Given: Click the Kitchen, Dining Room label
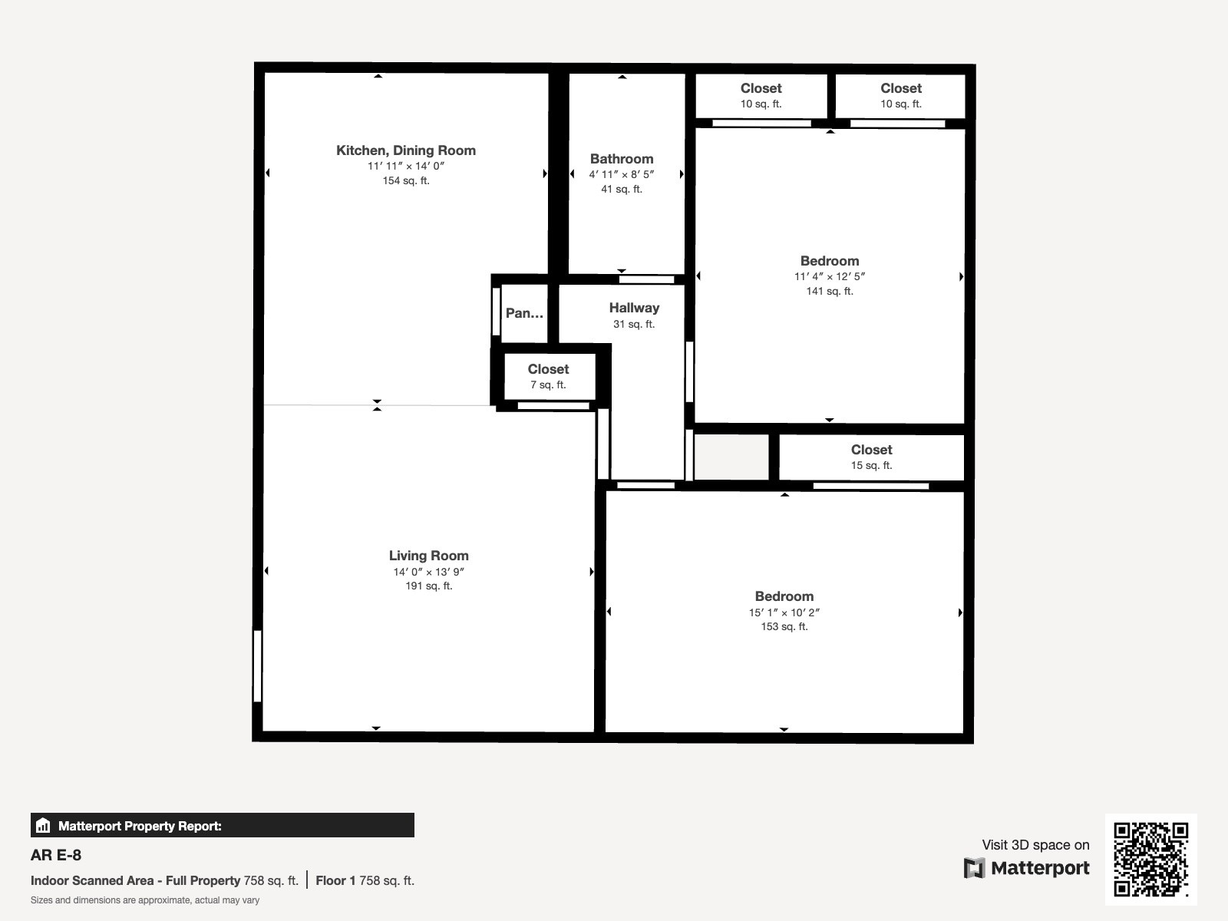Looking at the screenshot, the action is (405, 150).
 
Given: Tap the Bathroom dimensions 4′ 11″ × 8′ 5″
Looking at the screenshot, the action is (621, 174).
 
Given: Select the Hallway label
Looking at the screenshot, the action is (634, 308).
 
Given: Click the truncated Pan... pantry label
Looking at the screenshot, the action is (524, 313).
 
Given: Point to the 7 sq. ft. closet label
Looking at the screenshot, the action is (548, 385).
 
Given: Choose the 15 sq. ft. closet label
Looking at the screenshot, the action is (871, 465).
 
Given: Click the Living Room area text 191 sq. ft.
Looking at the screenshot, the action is (428, 586).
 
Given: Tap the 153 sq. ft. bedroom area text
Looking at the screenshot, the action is (784, 627).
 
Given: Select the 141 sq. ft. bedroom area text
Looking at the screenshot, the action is (829, 292).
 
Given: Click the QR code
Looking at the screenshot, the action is (1150, 859).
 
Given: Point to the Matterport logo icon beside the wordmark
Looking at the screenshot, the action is (974, 868).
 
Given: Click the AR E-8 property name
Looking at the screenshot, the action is (56, 855).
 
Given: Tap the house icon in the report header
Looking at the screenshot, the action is (43, 825).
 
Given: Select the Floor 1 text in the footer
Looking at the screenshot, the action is (335, 881).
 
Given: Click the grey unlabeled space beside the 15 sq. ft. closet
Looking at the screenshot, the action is (731, 457).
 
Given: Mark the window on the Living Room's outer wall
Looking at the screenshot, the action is (257, 665).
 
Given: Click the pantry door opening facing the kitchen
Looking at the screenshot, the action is (496, 312).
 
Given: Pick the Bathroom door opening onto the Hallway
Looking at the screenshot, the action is (646, 279).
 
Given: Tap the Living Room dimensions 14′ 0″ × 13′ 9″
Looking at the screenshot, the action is (428, 572).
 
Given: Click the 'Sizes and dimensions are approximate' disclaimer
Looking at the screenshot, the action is (145, 900).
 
